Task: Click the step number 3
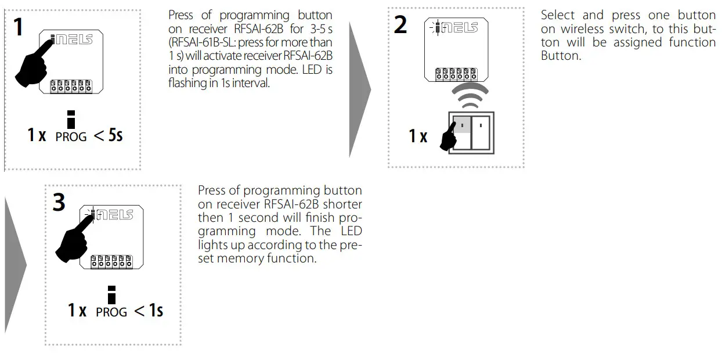coord(59,203)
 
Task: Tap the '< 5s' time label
coord(108,136)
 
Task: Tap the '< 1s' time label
coord(149,311)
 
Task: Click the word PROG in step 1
coord(71,137)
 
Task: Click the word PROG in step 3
coord(111,312)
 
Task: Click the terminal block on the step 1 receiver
coord(71,87)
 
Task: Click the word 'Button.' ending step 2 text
coord(561,56)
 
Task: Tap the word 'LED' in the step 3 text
coord(350,231)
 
